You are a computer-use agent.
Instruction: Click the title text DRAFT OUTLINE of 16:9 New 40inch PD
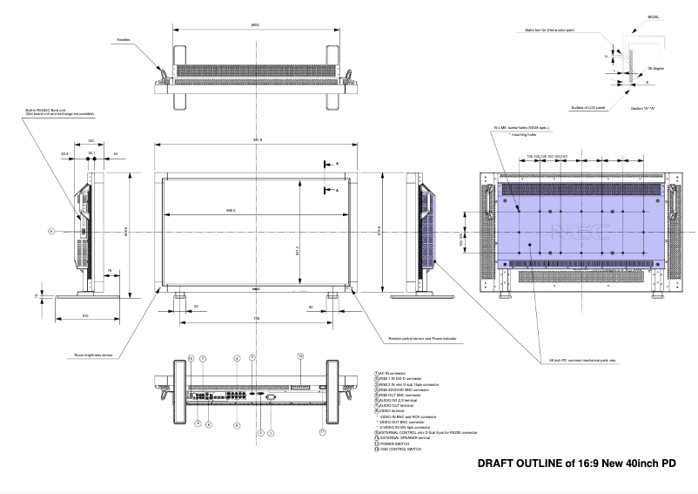(577, 463)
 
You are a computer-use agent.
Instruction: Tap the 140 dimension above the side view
(91, 140)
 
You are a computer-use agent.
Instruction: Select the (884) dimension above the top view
(255, 24)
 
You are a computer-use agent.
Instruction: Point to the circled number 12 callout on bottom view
(299, 356)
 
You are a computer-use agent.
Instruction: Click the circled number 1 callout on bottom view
(271, 433)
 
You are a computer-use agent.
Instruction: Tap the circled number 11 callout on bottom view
(323, 430)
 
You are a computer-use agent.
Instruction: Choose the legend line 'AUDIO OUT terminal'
(396, 405)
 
